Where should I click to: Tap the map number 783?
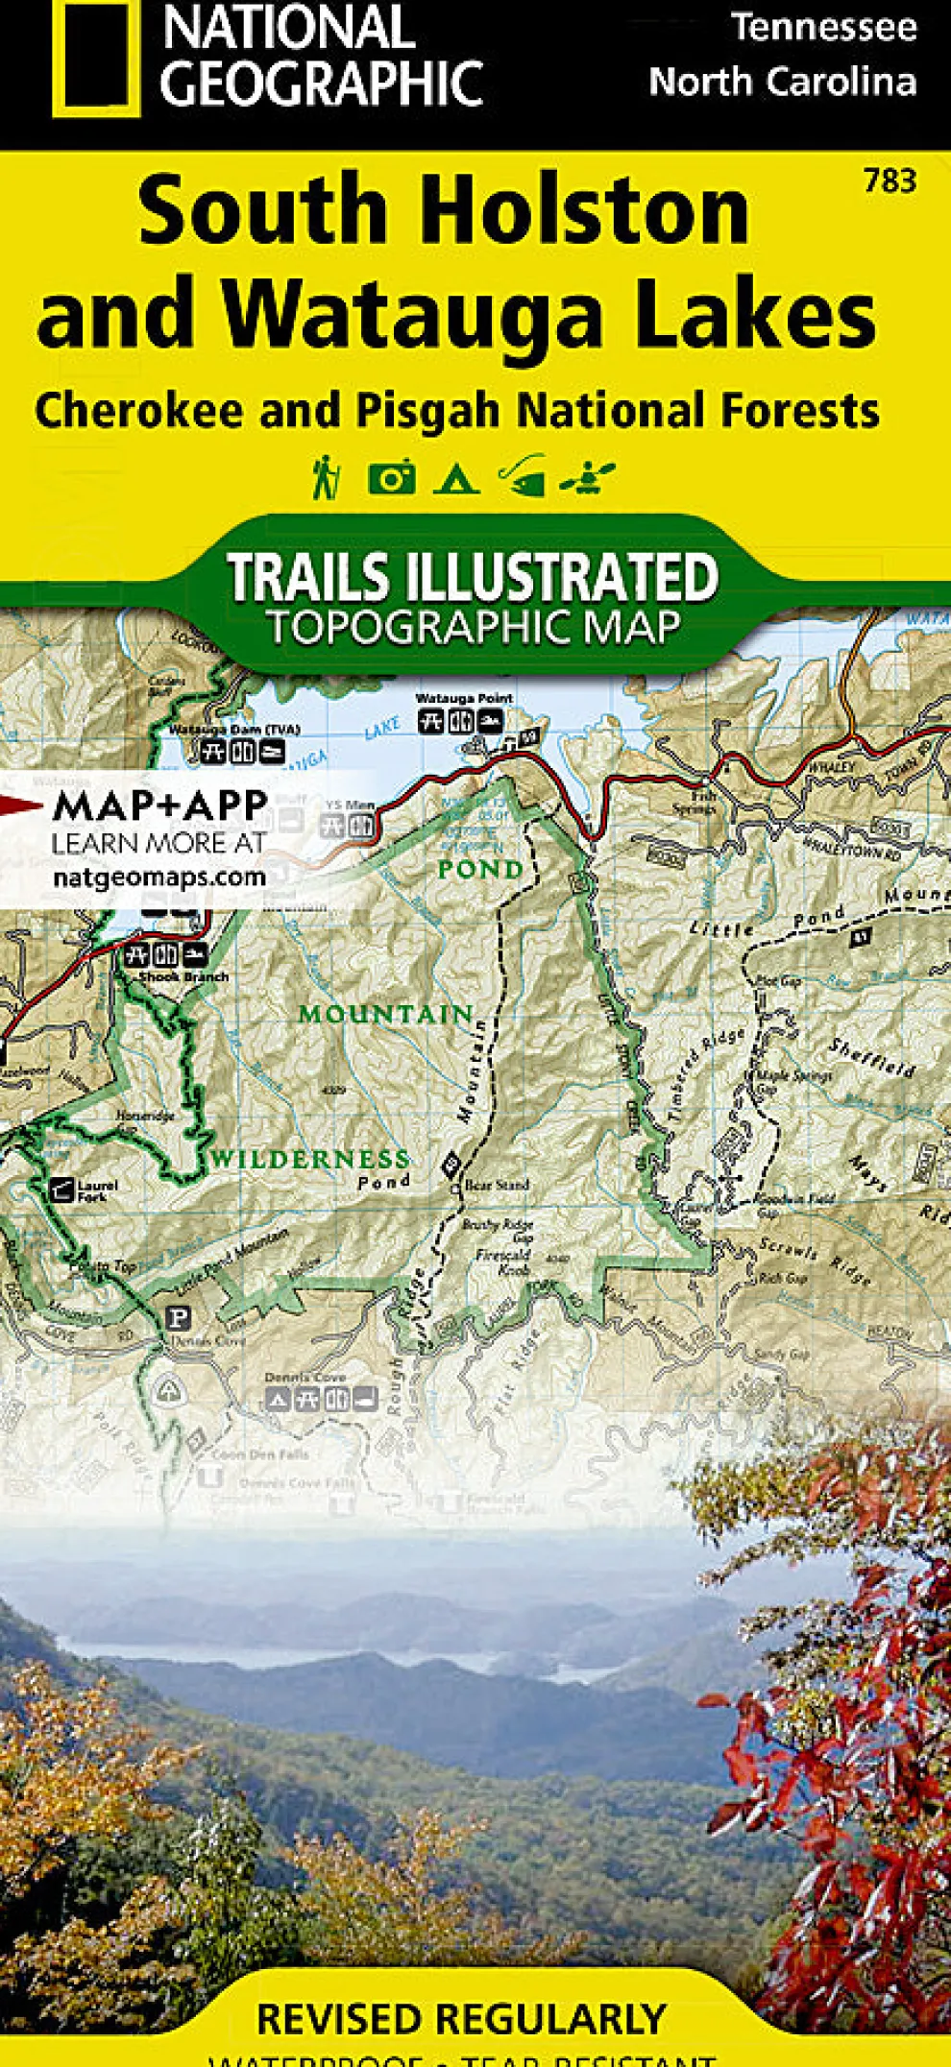coord(890,180)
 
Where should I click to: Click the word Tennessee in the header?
coord(823,27)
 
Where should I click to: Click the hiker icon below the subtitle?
coord(326,477)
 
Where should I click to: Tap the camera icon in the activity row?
coord(391,477)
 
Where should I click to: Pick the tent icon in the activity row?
coord(455,477)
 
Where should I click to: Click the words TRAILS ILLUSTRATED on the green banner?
coord(472,577)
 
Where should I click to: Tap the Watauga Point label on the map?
coord(464,698)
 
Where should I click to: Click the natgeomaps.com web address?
coord(158,876)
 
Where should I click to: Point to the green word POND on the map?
coord(480,870)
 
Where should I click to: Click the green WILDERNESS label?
coord(309,1159)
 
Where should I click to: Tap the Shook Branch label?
coord(183,976)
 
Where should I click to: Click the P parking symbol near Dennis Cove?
coord(178,1316)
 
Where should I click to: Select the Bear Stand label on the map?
coord(497,1185)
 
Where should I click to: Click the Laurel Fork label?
coord(97,1190)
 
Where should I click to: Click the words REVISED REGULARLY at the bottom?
coord(461,2019)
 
